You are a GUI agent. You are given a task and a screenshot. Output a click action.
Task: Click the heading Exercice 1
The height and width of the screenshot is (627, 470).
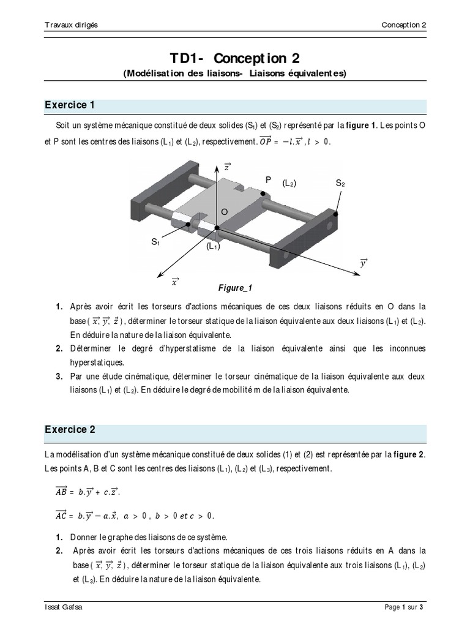coord(70,105)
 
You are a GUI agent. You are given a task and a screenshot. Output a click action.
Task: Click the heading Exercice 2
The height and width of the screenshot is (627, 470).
coord(70,429)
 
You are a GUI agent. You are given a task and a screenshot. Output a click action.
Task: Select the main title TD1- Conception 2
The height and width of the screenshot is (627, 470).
coord(235,58)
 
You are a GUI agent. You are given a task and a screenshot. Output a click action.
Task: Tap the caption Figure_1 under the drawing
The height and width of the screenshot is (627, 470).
coord(236,287)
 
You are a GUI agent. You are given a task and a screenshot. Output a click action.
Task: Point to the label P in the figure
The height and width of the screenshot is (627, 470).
coord(267,179)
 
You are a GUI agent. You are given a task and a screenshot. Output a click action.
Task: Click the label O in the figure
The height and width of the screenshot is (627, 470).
coord(224,211)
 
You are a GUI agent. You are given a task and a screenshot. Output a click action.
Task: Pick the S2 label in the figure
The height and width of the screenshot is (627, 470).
coord(340,183)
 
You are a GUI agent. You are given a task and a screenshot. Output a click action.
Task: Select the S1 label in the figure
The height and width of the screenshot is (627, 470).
coord(155,242)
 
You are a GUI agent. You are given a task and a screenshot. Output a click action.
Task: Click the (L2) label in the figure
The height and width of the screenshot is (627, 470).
coord(289,183)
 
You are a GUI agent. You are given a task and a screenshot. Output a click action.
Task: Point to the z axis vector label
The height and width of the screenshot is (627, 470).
coord(227,167)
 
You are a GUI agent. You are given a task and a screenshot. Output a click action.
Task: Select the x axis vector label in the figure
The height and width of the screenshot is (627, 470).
coord(175,282)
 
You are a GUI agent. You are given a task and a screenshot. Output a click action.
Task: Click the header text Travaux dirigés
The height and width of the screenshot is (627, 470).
coord(71,24)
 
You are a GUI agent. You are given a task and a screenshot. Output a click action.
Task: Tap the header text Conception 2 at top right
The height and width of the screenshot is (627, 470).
coord(403,24)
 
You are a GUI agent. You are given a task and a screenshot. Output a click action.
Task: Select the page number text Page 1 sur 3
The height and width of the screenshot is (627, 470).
coord(404,607)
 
